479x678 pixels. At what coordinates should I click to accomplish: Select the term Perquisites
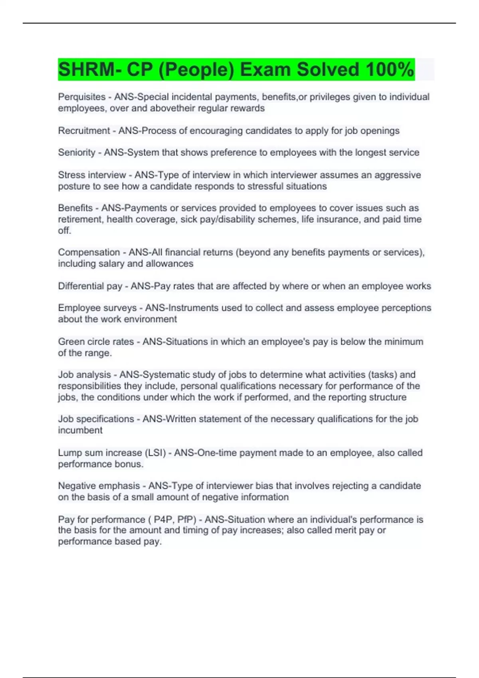82,97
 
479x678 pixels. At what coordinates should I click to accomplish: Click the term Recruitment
84,131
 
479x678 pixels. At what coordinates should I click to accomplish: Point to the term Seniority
77,152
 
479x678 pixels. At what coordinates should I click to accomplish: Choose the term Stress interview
92,175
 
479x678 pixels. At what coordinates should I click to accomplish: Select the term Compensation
89,252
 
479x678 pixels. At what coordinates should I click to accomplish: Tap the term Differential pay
90,286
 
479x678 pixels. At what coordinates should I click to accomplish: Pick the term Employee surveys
97,308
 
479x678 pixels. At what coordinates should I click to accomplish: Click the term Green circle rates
96,342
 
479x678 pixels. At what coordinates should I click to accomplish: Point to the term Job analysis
84,375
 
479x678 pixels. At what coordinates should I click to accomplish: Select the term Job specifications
96,419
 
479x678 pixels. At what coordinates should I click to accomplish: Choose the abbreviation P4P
163,520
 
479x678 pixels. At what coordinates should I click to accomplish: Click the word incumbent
80,430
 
